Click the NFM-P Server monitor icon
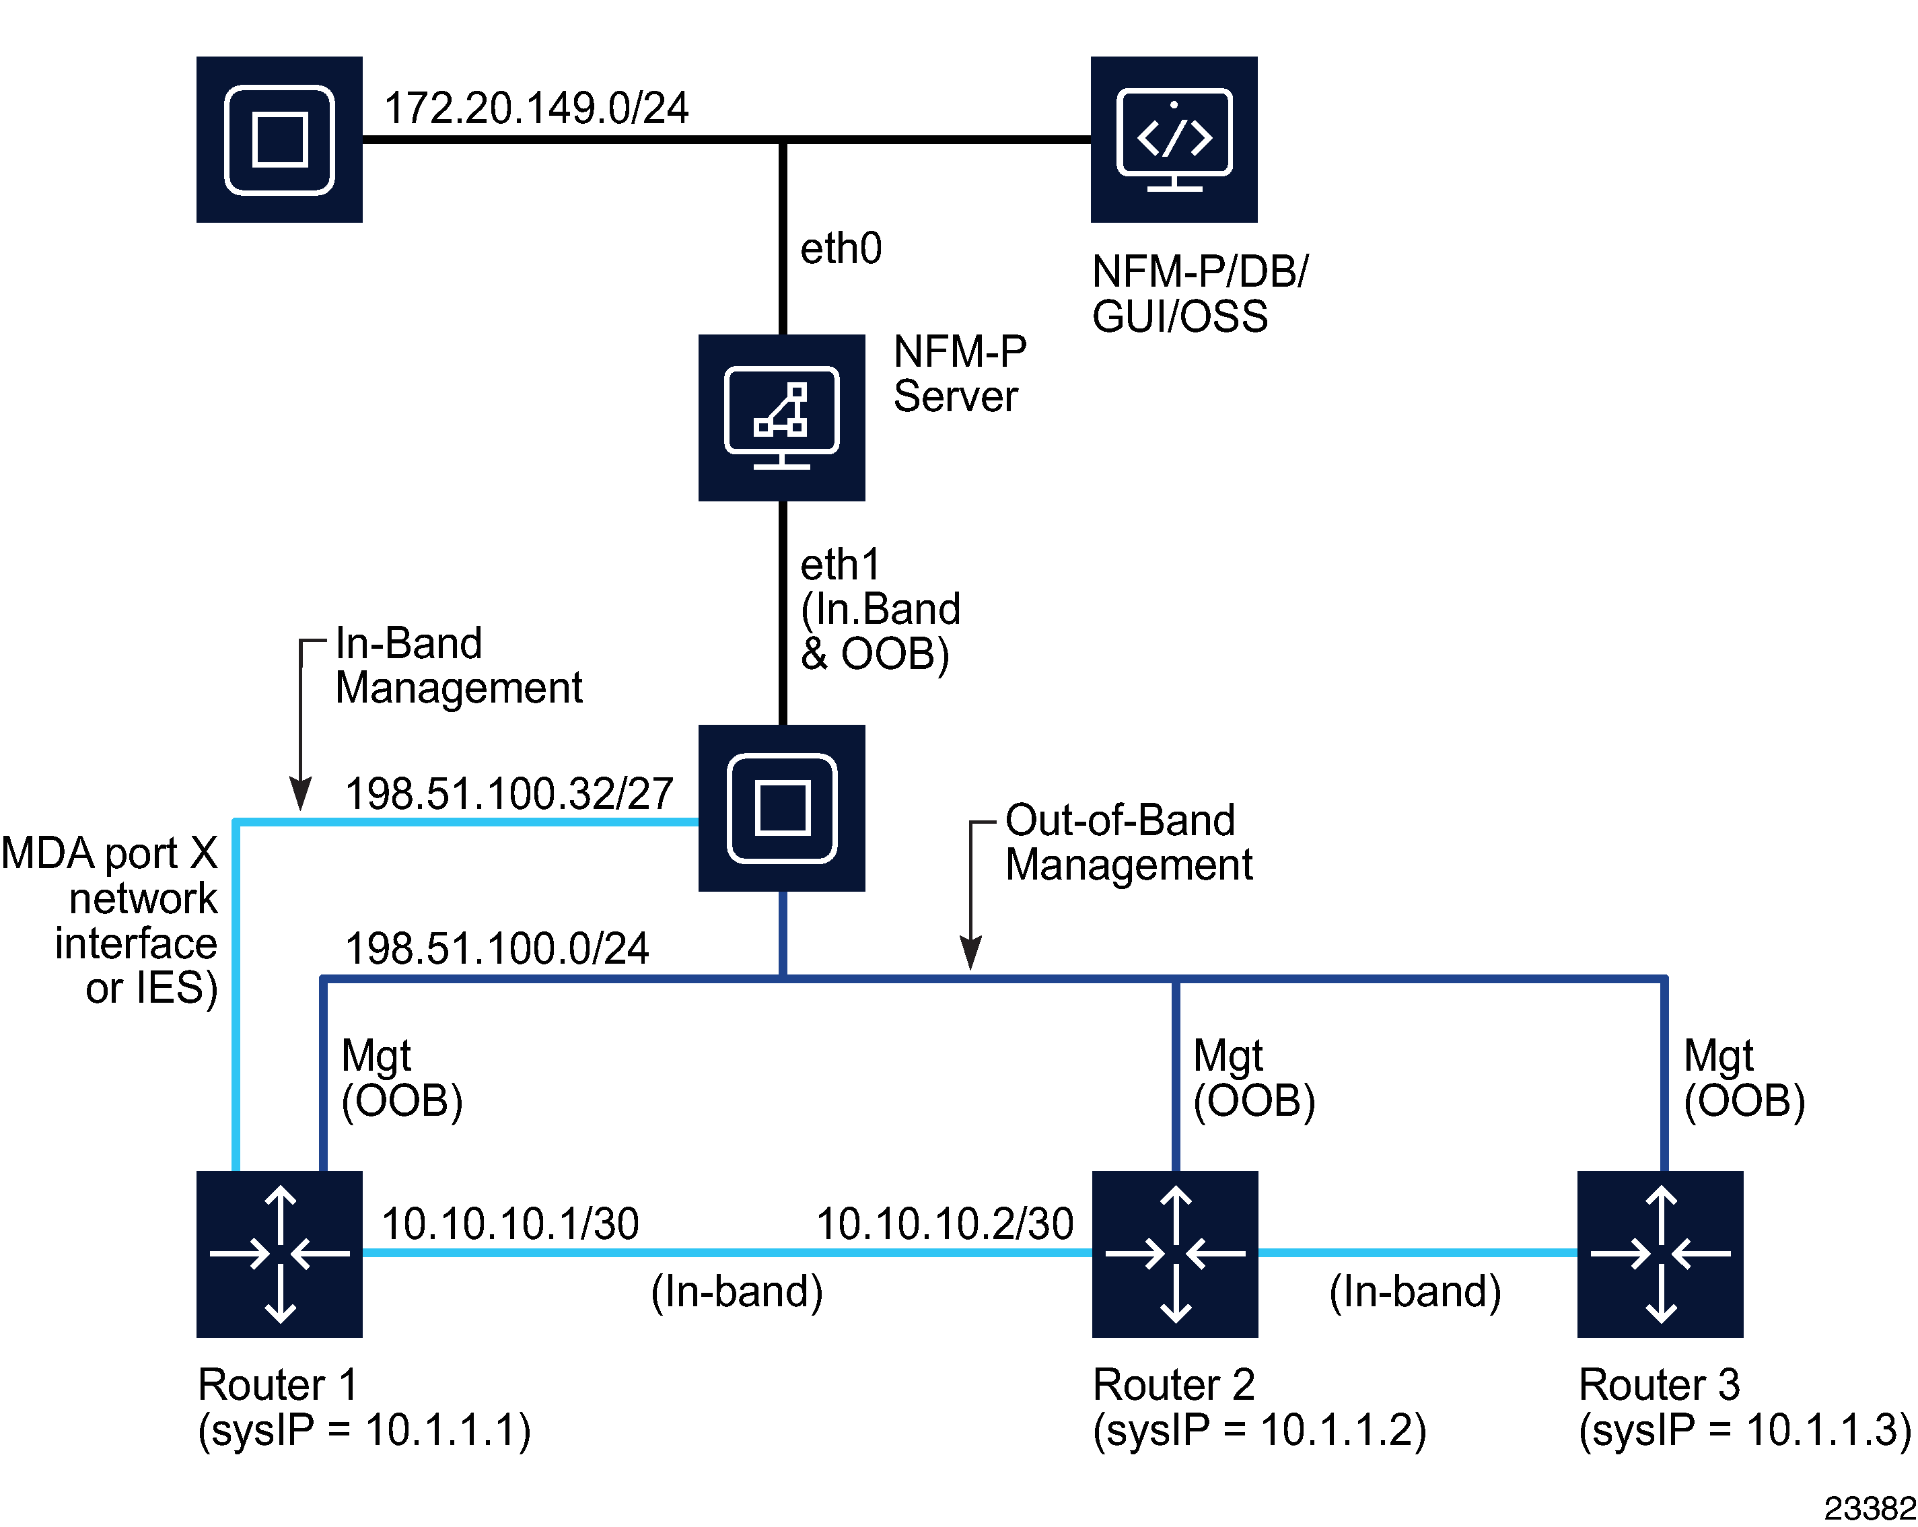coord(781,417)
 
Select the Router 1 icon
coord(279,1254)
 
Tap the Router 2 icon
coord(1174,1254)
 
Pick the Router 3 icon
coord(1660,1254)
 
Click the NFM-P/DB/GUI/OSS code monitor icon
coord(1174,140)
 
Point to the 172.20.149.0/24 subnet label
coord(536,108)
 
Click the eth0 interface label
coord(841,248)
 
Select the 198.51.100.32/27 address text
coord(509,793)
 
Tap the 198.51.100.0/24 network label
coord(497,949)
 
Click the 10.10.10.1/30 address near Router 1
coord(509,1223)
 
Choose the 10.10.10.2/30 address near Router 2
coord(945,1223)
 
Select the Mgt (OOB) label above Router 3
coord(1744,1079)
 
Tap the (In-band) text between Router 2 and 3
coord(1415,1291)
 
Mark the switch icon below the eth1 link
coord(781,808)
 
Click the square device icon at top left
coord(279,140)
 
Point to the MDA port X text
coord(110,853)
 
